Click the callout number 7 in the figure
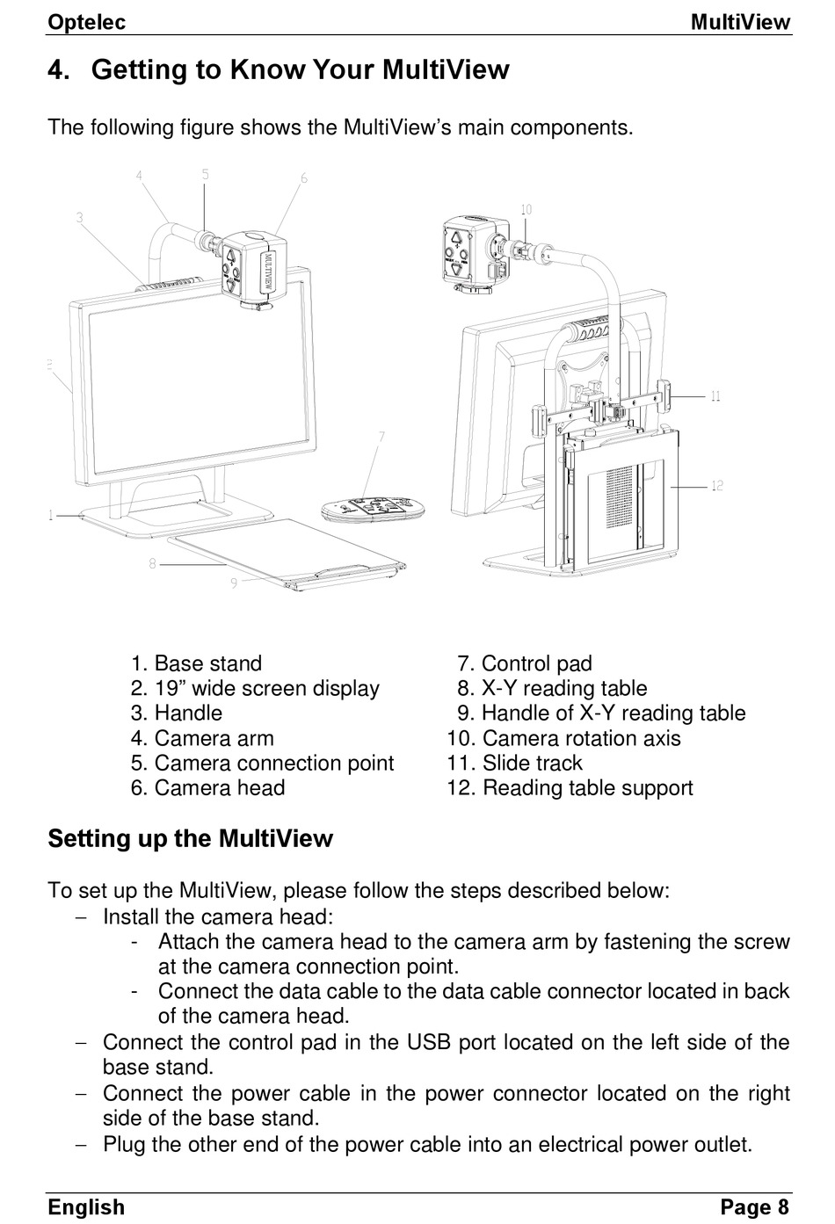[381, 435]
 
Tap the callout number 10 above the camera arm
[526, 210]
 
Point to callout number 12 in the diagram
[717, 485]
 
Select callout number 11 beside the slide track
[715, 396]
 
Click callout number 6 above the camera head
[304, 178]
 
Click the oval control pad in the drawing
[374, 509]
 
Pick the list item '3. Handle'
[177, 713]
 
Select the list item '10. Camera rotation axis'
[563, 738]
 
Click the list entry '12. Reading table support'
[570, 787]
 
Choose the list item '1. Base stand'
[196, 663]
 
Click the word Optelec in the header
[86, 22]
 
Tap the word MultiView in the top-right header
[740, 22]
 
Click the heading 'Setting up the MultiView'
[190, 838]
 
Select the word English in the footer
[86, 1207]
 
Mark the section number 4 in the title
[58, 70]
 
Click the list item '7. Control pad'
[525, 663]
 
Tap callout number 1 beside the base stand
[51, 515]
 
